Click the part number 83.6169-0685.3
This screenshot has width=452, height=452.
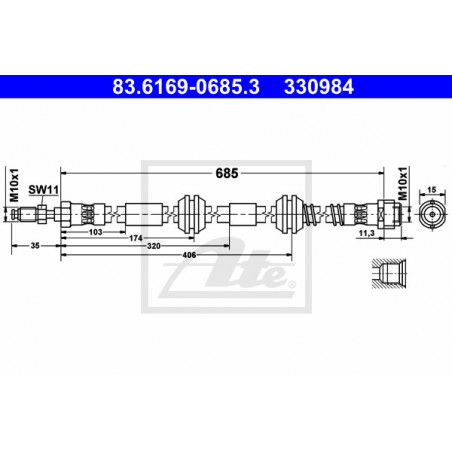(x=186, y=87)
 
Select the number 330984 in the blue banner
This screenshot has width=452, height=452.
(x=319, y=87)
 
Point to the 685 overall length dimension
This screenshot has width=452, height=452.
(x=227, y=173)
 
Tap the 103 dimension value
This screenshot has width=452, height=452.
(x=95, y=232)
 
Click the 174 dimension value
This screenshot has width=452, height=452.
(x=136, y=238)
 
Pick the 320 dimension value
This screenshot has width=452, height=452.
(x=154, y=246)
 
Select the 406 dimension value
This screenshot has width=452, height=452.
(x=189, y=255)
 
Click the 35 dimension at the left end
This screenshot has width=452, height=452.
(x=35, y=246)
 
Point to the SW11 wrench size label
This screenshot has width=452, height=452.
(x=43, y=190)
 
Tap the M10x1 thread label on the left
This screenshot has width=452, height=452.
(x=14, y=185)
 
